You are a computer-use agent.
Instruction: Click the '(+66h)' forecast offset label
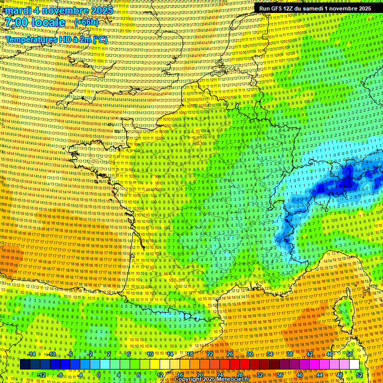click(86, 23)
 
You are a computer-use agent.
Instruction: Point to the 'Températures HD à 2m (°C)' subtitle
click(56, 39)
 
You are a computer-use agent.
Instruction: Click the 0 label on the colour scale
click(99, 375)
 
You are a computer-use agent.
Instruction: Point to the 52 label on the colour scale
click(360, 375)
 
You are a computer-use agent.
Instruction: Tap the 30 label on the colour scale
click(250, 354)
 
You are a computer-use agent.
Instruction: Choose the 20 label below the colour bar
click(199, 375)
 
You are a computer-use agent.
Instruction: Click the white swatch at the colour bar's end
click(354, 365)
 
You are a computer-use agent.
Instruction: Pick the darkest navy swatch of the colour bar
click(25, 365)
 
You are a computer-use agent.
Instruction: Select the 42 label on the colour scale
click(310, 354)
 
